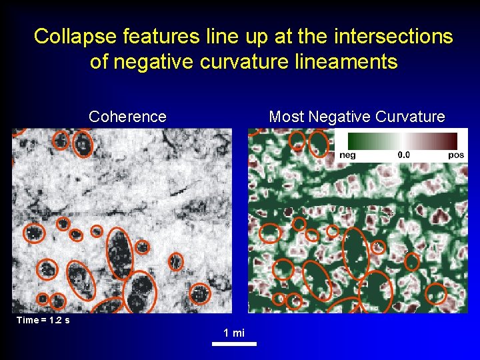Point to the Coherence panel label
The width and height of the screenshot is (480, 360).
pyautogui.click(x=127, y=117)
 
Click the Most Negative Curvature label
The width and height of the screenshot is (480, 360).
pyautogui.click(x=357, y=117)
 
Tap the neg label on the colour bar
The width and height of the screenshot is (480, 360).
pyautogui.click(x=347, y=155)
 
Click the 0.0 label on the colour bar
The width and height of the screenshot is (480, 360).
pyautogui.click(x=404, y=155)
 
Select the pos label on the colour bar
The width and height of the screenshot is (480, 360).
pyautogui.click(x=456, y=155)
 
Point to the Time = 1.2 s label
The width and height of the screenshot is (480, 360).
pyautogui.click(x=43, y=320)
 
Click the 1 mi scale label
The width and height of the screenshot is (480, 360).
pyautogui.click(x=233, y=333)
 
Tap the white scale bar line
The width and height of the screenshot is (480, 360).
pyautogui.click(x=234, y=344)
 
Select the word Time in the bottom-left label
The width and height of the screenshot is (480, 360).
pyautogui.click(x=27, y=320)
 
